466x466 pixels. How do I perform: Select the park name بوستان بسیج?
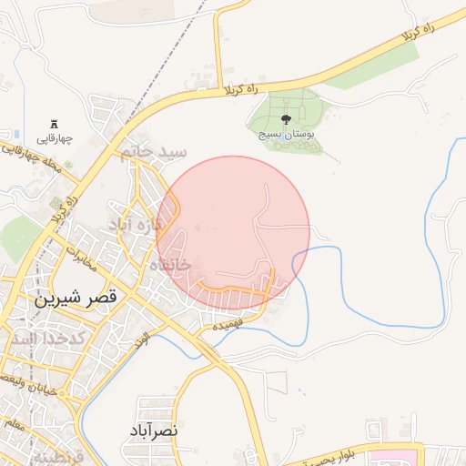(x=287, y=134)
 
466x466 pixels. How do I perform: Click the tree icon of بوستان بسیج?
(x=287, y=118)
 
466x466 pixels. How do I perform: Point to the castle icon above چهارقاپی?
(x=54, y=124)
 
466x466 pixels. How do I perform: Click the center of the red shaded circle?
(x=233, y=233)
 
